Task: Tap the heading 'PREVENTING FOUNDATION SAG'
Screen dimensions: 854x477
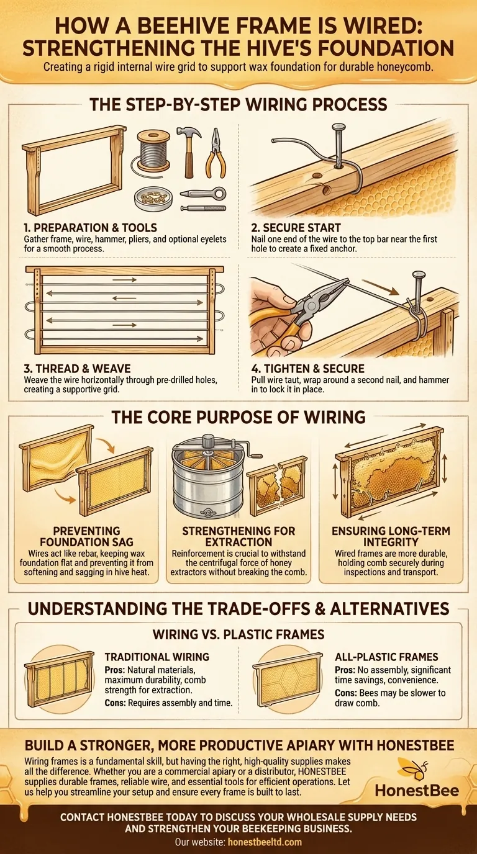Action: click(86, 536)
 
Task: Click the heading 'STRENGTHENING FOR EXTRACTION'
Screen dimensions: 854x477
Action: click(238, 536)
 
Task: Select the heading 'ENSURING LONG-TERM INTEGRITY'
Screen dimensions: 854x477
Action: click(391, 536)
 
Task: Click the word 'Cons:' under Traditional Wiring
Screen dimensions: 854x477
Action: click(116, 703)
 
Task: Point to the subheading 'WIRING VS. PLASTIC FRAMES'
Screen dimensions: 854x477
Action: click(238, 635)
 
